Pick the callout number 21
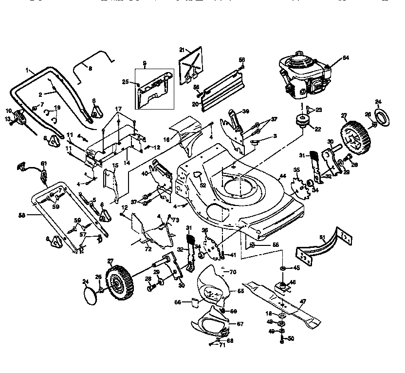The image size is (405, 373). (x=182, y=50)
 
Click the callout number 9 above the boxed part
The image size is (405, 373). (x=145, y=63)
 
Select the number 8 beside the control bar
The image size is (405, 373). (x=90, y=69)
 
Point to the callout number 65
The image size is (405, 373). (x=240, y=291)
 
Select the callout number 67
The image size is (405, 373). (x=240, y=323)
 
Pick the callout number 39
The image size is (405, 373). (x=246, y=112)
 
